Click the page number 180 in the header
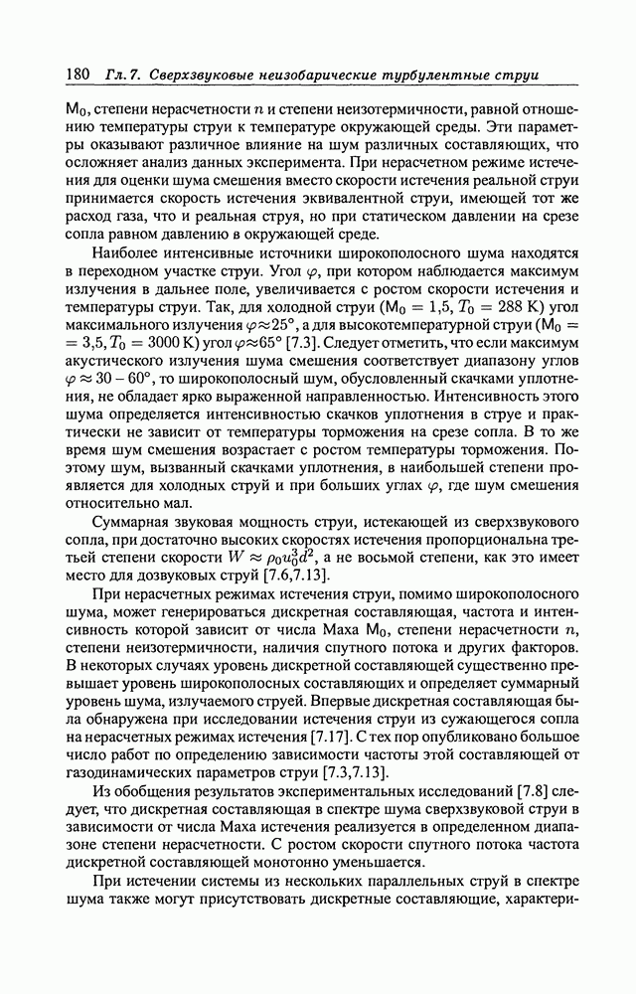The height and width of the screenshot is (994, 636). click(x=78, y=76)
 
